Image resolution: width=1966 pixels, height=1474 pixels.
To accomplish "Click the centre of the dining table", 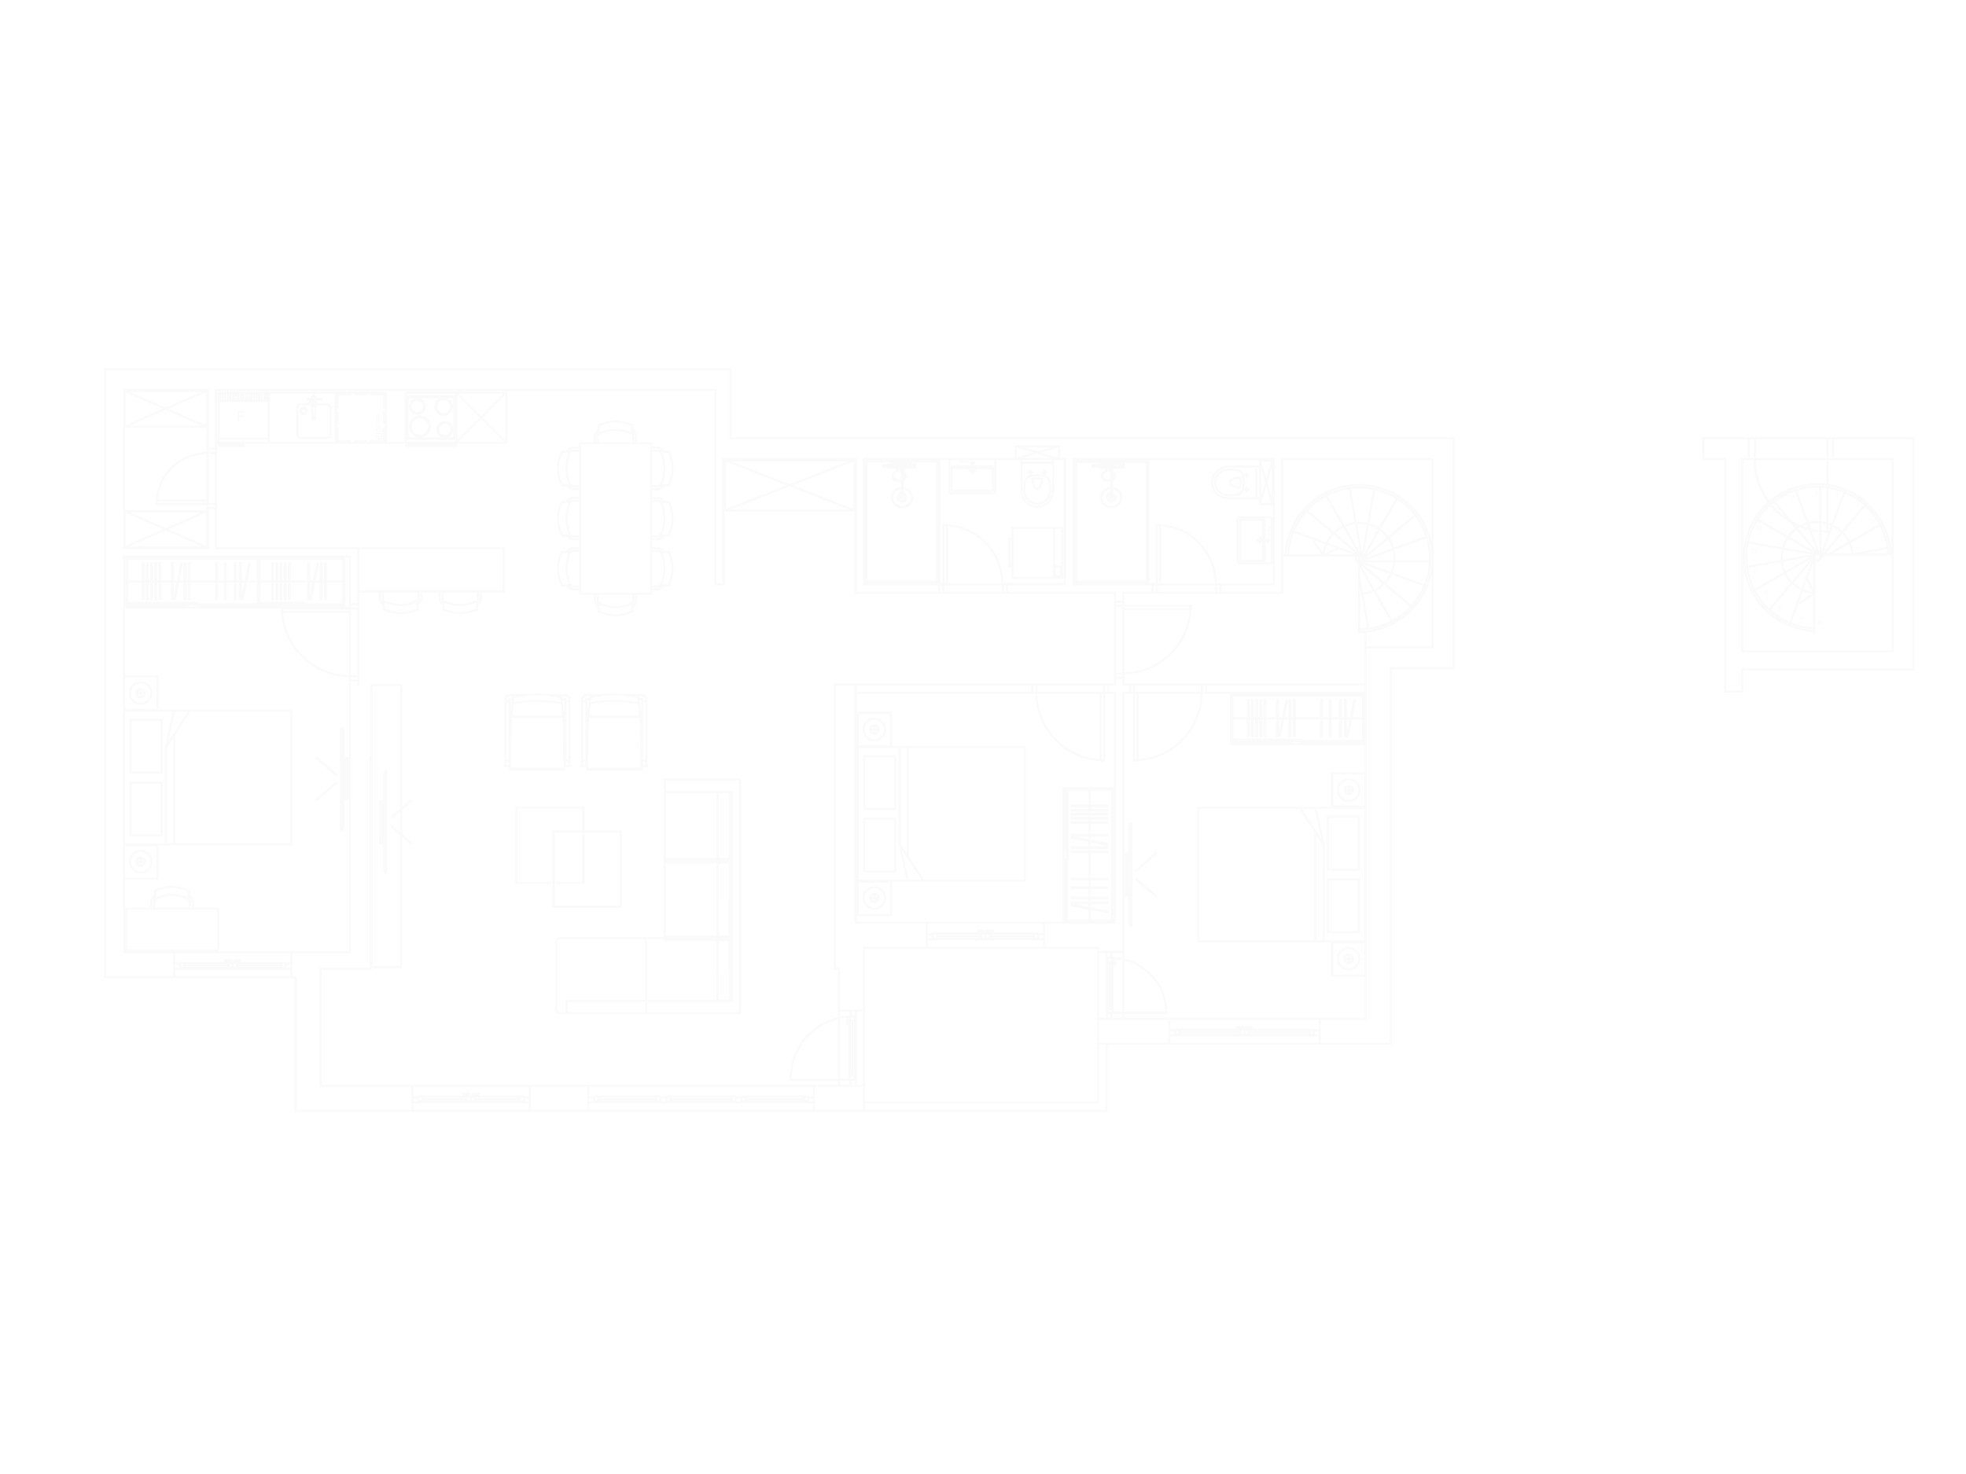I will click(616, 517).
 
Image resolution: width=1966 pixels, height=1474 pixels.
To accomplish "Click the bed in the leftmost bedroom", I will click(234, 777).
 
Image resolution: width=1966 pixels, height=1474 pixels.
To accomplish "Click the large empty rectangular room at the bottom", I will click(981, 1024).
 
